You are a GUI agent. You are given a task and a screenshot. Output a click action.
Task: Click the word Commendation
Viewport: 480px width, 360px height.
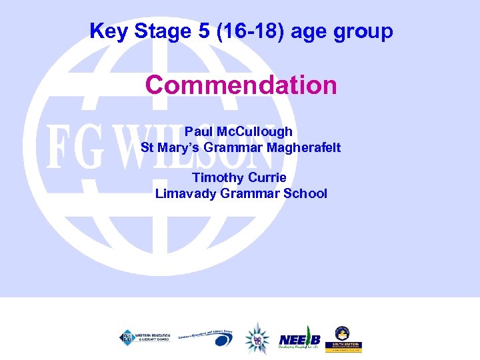point(241,85)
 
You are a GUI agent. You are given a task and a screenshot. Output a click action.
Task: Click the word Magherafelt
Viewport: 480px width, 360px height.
point(303,147)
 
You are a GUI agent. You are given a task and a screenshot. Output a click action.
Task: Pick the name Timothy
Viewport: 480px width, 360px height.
point(215,177)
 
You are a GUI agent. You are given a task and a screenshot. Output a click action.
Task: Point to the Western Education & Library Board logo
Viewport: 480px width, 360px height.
point(145,337)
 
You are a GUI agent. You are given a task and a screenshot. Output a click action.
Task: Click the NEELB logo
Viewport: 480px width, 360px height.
point(299,340)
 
